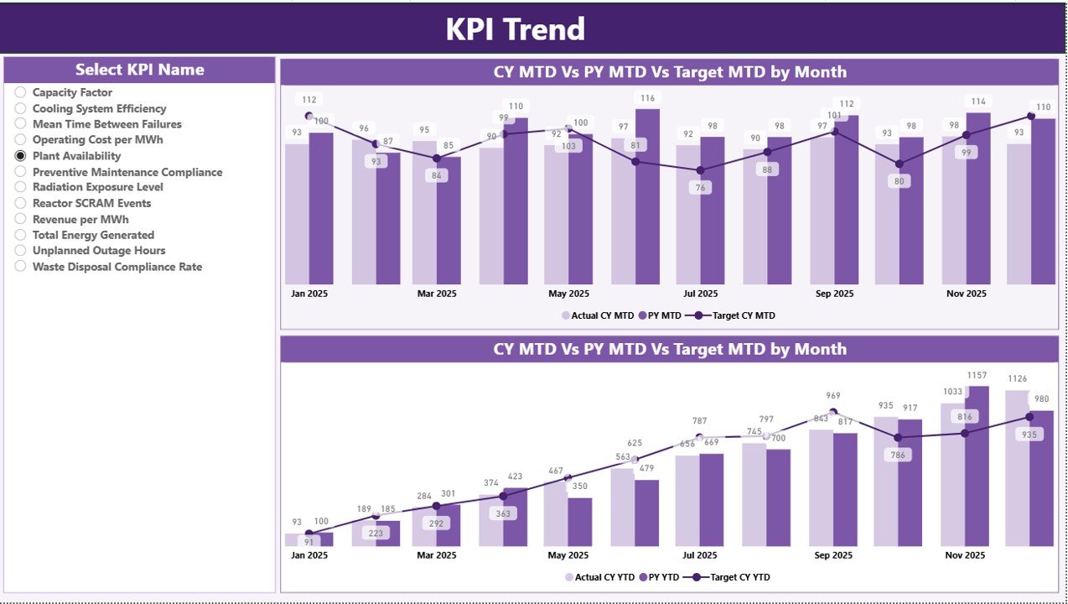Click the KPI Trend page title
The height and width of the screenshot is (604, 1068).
coord(515,29)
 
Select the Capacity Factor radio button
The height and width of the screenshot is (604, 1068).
coord(21,92)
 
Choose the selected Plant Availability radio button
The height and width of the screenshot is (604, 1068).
coord(21,156)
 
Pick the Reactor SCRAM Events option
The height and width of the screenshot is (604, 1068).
coord(91,203)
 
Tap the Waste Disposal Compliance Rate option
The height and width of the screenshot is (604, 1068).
coord(117,267)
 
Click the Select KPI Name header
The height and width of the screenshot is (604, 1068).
coord(139,70)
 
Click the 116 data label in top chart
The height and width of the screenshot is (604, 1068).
coord(646,98)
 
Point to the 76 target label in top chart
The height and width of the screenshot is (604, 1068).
coord(700,188)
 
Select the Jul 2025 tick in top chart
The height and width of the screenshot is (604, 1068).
coord(701,294)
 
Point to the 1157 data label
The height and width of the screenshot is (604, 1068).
coord(976,376)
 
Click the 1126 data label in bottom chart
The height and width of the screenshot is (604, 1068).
coord(1016,379)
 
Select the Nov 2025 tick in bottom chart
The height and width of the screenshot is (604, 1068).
coord(966,555)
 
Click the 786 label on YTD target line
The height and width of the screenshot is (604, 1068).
coord(899,456)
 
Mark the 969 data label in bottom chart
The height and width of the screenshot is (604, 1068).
coord(832,396)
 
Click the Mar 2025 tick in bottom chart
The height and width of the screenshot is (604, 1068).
coord(437,555)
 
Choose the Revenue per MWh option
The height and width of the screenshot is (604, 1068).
coord(80,219)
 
